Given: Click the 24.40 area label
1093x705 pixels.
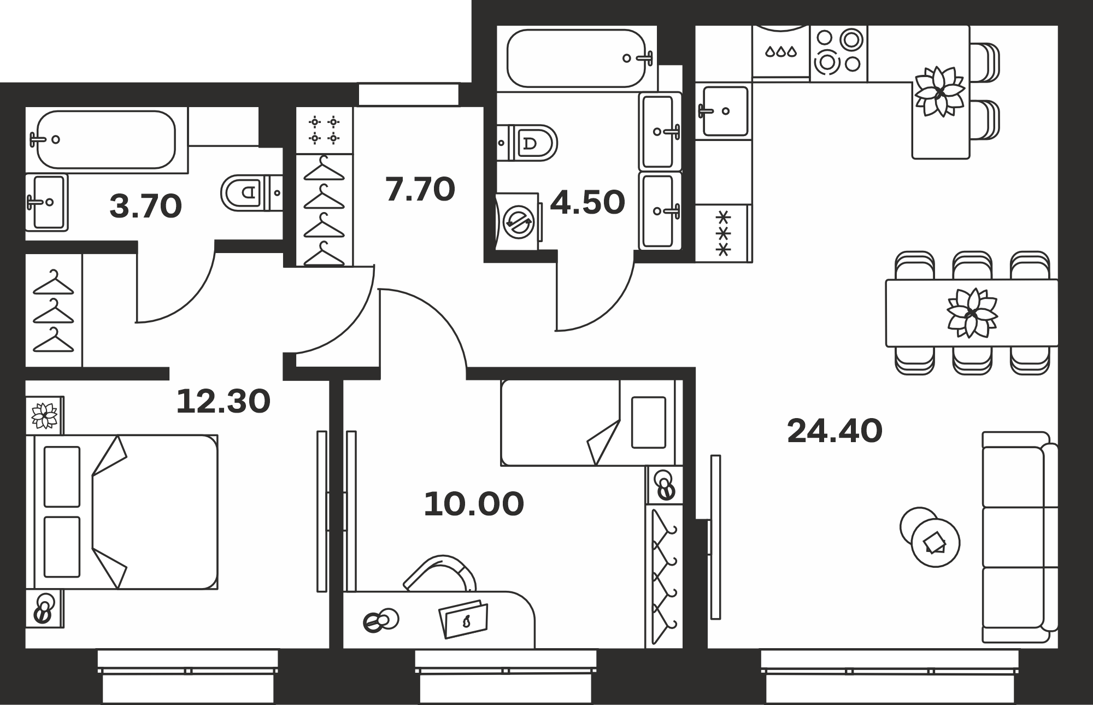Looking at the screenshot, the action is click(835, 431).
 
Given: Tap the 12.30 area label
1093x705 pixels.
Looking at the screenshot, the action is click(223, 402).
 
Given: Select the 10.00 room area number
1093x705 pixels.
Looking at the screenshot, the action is click(474, 504).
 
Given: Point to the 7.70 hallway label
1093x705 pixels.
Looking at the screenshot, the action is click(420, 190).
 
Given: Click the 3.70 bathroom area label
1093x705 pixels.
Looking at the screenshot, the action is click(145, 207).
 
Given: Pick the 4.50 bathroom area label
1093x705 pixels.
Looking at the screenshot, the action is click(587, 203).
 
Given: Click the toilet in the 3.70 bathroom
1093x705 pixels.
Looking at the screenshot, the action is click(251, 192).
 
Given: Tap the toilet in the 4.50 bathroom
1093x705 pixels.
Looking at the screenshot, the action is click(527, 143).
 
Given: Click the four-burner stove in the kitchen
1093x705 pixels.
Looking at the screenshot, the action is click(838, 53).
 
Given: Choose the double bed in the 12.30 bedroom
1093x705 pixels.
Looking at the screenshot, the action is click(126, 512).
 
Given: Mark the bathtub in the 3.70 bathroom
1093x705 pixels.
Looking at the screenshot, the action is click(107, 139).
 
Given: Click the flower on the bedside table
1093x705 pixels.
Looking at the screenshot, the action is click(44, 416).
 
